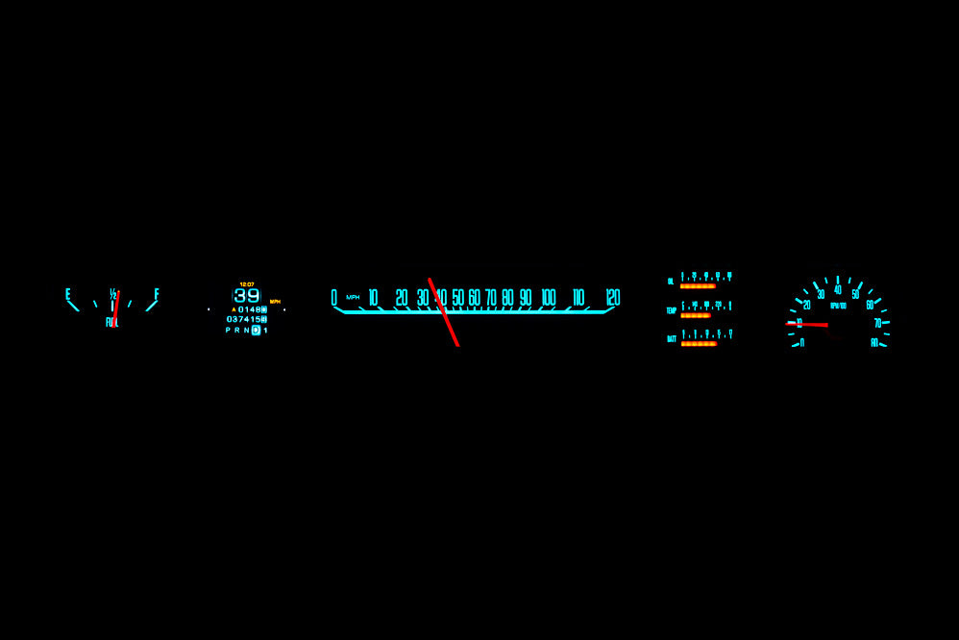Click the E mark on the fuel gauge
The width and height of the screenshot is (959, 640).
[x=67, y=293]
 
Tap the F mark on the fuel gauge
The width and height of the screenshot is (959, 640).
[x=157, y=293]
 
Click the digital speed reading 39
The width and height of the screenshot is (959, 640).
[x=247, y=296]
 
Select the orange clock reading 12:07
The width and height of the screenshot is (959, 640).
[x=247, y=284]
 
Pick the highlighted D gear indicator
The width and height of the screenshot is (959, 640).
[x=256, y=330]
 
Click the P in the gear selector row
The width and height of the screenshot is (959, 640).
[x=228, y=330]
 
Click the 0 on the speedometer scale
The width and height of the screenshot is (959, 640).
[x=333, y=298]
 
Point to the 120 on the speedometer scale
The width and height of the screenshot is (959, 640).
[x=612, y=298]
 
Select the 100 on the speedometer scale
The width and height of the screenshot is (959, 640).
[x=548, y=298]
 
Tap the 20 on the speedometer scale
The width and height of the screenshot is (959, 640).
[x=402, y=298]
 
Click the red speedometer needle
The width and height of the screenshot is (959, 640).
[x=444, y=312]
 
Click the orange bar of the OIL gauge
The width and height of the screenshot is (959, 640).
[x=698, y=286]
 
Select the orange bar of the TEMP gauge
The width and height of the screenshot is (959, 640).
[x=695, y=315]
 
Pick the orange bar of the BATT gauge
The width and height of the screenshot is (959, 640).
[x=699, y=343]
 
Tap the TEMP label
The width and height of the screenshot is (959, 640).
[x=672, y=310]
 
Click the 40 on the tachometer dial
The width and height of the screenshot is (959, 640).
[x=838, y=289]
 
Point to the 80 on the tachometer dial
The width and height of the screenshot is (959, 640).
[x=874, y=342]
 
